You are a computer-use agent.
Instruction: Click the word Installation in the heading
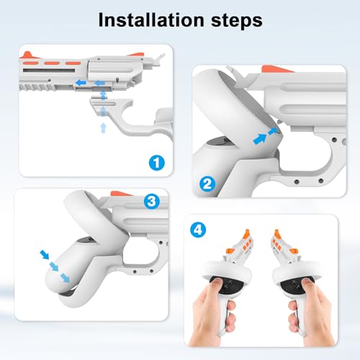tap(151, 20)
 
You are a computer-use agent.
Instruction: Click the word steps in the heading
tap(237, 21)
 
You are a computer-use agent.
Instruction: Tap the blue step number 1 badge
tap(157, 163)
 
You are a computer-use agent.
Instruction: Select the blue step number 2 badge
tap(207, 184)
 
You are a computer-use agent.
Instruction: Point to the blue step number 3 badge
tap(152, 201)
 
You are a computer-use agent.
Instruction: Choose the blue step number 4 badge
tap(198, 230)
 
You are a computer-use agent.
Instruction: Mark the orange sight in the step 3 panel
tap(120, 194)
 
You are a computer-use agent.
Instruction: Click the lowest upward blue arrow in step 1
tap(103, 128)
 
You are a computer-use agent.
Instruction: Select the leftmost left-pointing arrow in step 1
tap(81, 83)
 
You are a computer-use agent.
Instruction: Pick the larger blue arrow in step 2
tap(260, 139)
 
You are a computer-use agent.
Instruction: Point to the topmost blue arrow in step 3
tap(45, 254)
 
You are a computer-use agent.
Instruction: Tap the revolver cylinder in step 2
tap(305, 107)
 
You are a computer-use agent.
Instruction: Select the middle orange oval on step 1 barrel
tap(52, 63)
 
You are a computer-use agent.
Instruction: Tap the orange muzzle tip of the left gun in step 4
tap(246, 233)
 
